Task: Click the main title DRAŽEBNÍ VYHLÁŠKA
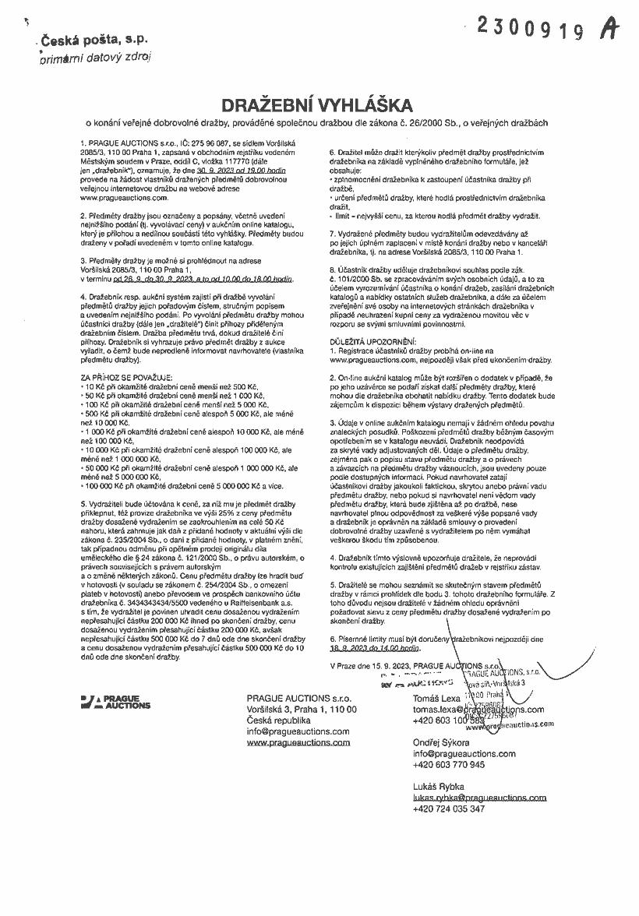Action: [319, 104]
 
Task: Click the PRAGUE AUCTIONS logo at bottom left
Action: [115, 702]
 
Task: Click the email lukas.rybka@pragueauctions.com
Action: [479, 798]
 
